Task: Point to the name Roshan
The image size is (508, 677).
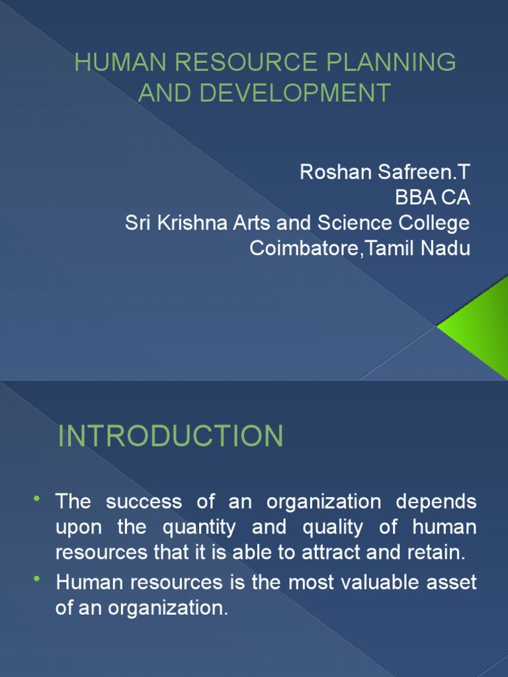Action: pos(330,172)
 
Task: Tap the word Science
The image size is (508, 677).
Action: pos(359,223)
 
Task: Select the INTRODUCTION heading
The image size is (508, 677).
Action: pos(171,436)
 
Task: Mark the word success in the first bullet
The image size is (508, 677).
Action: pos(144,501)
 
